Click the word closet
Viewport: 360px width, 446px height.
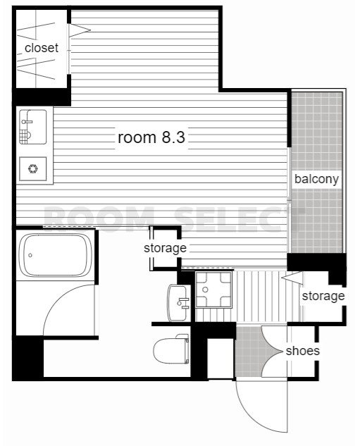(42, 48)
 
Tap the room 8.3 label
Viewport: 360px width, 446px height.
(151, 137)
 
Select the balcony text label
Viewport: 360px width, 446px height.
(316, 179)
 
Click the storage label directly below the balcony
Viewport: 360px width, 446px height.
(323, 296)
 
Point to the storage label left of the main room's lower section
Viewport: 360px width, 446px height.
(165, 248)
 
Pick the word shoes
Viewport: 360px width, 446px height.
(302, 351)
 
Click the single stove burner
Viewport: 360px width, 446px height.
(32, 168)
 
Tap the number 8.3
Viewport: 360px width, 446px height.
(173, 137)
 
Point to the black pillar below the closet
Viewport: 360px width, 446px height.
(42, 96)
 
